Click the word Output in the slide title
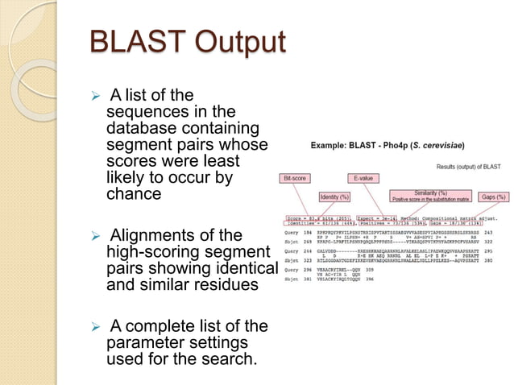[236, 43]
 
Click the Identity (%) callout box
[333, 197]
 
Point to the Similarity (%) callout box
[430, 196]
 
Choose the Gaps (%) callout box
[492, 197]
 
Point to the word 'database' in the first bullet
[139, 130]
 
